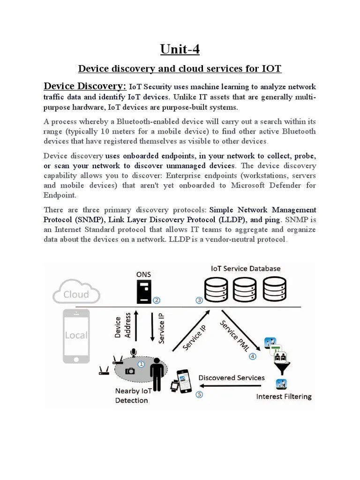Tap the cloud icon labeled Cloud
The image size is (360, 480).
(76, 294)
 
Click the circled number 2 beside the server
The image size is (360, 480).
(157, 300)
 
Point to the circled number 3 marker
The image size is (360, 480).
(199, 300)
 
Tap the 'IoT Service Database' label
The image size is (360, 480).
(246, 269)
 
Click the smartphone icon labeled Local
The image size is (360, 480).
(76, 335)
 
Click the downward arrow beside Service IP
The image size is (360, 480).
(152, 327)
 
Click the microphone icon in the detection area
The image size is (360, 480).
(134, 352)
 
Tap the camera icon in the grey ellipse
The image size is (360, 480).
(130, 370)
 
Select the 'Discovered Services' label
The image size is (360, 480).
(232, 377)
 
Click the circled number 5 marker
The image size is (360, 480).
(199, 394)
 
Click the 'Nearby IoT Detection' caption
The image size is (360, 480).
(132, 396)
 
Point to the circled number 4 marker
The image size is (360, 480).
(253, 356)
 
